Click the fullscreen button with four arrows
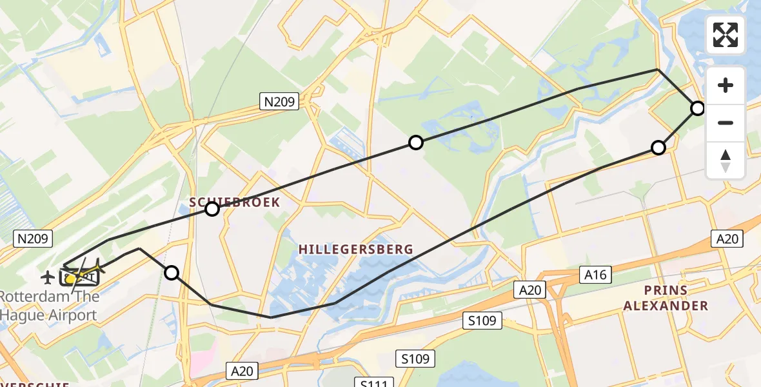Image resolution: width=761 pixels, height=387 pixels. [726, 35]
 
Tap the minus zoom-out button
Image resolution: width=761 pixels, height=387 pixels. [726, 123]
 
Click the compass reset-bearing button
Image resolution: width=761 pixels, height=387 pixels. [726, 161]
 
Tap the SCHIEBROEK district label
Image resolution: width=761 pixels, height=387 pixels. [235, 202]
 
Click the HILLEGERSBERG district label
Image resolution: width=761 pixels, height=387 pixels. [355, 249]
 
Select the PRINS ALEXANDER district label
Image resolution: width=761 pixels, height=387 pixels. [665, 297]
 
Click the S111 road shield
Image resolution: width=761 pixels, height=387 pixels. [373, 384]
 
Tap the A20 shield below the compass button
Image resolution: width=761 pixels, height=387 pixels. [727, 239]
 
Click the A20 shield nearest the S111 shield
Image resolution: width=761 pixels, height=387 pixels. [242, 371]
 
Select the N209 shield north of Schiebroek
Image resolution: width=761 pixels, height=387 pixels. [279, 101]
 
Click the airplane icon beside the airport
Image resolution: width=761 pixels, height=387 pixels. [47, 277]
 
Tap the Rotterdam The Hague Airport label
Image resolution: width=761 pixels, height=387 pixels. [49, 306]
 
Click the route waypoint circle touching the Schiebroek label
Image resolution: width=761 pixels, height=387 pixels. [212, 208]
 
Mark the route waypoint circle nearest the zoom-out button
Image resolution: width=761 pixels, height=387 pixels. [698, 108]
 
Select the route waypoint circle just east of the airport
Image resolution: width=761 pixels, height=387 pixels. [172, 273]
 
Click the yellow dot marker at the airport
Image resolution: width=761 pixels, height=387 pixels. [70, 279]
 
